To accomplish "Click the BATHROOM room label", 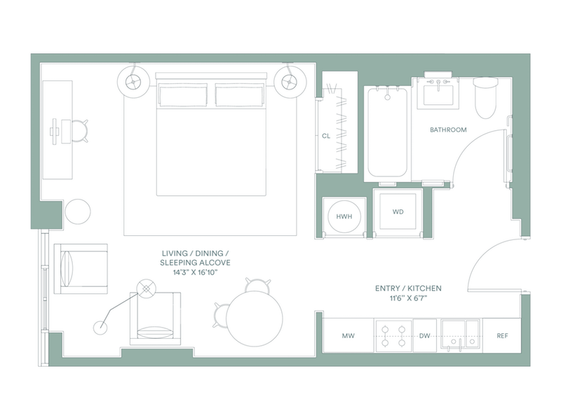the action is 448,130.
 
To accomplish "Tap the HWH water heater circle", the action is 344,216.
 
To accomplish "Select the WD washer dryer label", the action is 398,212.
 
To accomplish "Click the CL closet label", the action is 326,136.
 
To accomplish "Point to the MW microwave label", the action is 348,336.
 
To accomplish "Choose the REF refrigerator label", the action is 502,336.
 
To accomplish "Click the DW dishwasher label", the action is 425,336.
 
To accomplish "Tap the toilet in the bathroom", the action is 485,98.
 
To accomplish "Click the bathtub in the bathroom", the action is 388,132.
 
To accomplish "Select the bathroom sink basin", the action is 438,93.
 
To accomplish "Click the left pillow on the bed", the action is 183,95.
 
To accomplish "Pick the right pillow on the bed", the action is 239,95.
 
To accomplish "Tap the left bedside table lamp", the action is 133,82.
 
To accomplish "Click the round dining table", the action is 255,318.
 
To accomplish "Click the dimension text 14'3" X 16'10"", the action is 195,272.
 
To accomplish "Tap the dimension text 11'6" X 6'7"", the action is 408,298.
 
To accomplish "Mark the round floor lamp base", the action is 100,328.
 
